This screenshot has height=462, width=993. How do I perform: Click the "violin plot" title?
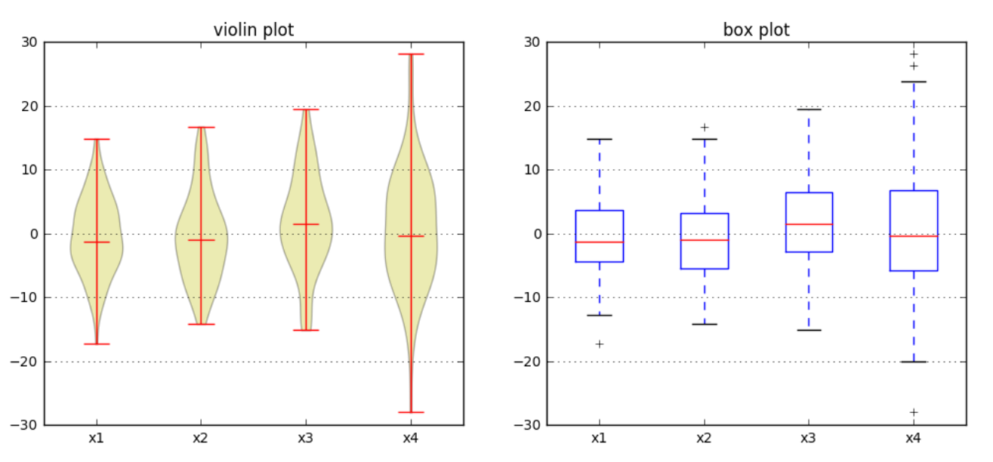coord(254,29)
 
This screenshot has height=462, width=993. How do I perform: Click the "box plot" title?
coord(756,29)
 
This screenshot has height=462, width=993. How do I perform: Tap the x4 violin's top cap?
coord(411,54)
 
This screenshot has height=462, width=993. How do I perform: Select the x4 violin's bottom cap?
coord(411,412)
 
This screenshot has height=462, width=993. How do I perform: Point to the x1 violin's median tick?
coord(97,242)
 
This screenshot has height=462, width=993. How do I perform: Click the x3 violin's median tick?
coord(306,224)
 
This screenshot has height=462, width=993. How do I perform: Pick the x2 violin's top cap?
coord(201,128)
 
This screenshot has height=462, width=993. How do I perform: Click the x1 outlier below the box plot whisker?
coord(600,344)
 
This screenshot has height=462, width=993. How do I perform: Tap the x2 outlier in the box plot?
coord(705,128)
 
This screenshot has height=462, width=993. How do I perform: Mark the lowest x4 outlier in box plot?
coord(914,412)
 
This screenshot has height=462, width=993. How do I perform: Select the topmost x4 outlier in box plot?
coord(914,54)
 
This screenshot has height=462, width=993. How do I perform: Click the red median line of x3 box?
coord(809,224)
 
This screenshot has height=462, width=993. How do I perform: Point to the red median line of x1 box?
coord(600,242)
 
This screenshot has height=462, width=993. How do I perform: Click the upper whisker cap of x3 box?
coord(809,109)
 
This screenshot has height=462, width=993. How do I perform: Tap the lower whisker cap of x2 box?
coord(705,324)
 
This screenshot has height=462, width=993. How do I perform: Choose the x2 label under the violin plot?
coord(201,438)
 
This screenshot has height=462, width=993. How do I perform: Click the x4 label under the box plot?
coord(914,438)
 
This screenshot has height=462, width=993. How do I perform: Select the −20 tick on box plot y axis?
coord(528,362)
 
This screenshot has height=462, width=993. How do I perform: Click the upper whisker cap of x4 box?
coord(914,82)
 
